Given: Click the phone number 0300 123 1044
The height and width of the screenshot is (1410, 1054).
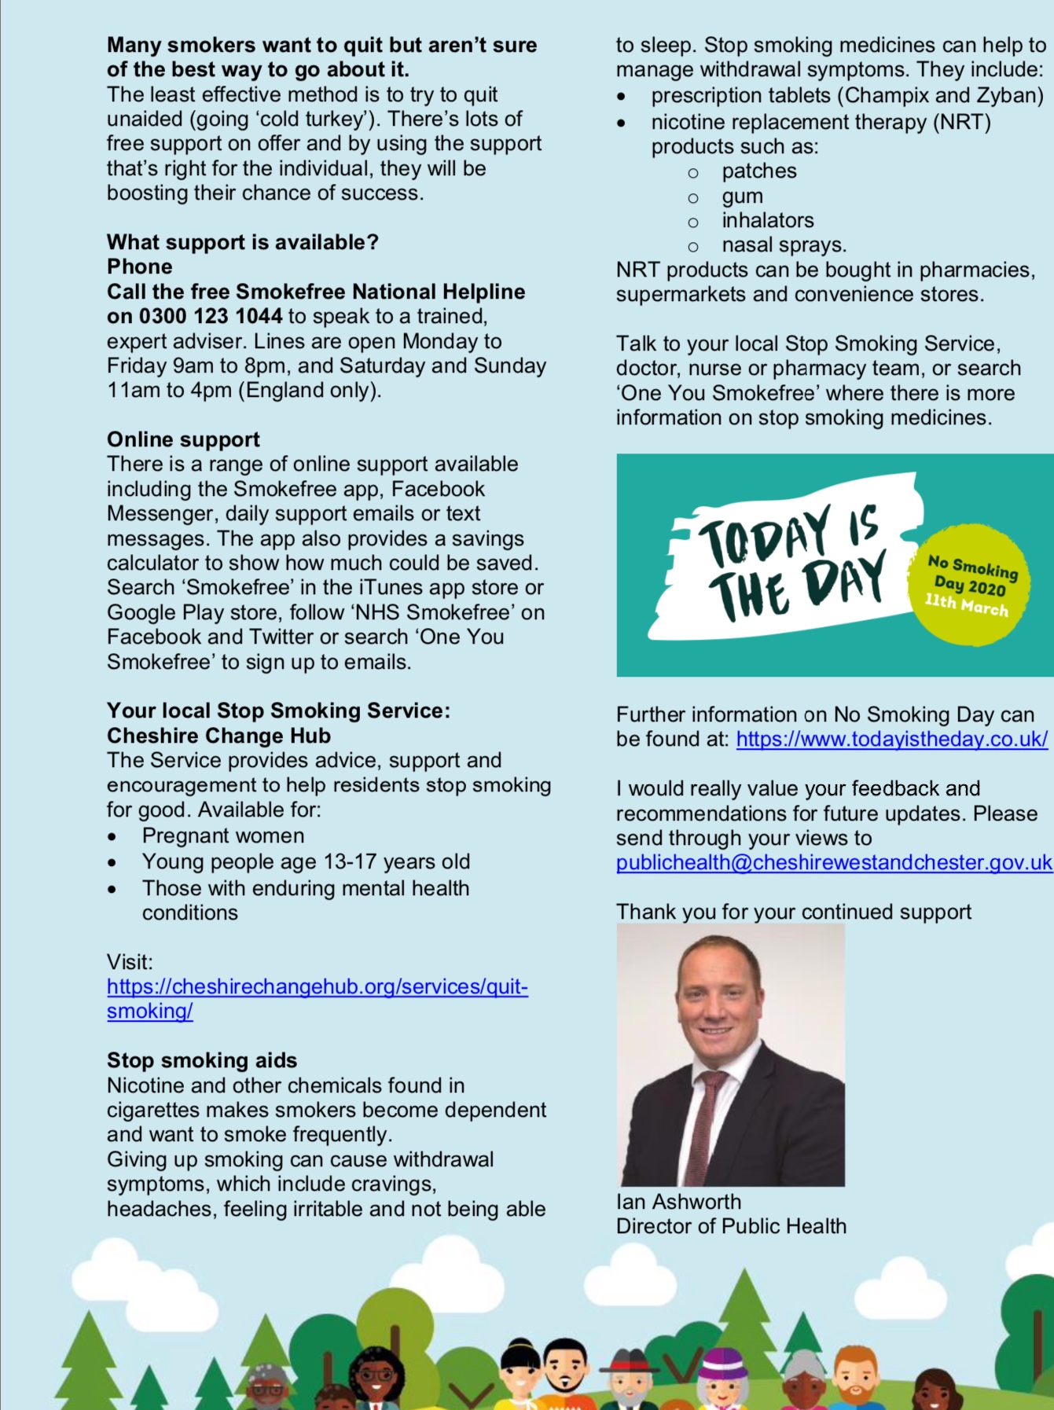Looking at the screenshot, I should (210, 317).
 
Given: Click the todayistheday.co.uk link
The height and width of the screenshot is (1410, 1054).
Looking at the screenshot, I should (891, 740).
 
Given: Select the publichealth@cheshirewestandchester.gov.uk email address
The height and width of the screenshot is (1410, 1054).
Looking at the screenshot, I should (833, 863).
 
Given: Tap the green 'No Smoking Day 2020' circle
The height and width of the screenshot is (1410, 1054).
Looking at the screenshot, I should (968, 586).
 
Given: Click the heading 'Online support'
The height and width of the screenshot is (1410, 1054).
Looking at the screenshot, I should (183, 439).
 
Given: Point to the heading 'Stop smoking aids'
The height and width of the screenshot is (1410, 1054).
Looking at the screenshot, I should (202, 1060).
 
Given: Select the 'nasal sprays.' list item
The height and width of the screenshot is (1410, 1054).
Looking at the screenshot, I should (784, 245).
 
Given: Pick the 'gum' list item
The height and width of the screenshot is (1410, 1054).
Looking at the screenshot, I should (742, 196).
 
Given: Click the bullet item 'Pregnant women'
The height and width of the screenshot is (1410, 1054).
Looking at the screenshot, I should (223, 835).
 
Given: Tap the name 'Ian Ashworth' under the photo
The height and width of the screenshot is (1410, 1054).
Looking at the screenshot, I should (678, 1202).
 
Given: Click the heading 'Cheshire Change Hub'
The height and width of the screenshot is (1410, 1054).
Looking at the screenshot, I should (219, 736).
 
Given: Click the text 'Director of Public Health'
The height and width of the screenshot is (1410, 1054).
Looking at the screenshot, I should (731, 1226).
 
